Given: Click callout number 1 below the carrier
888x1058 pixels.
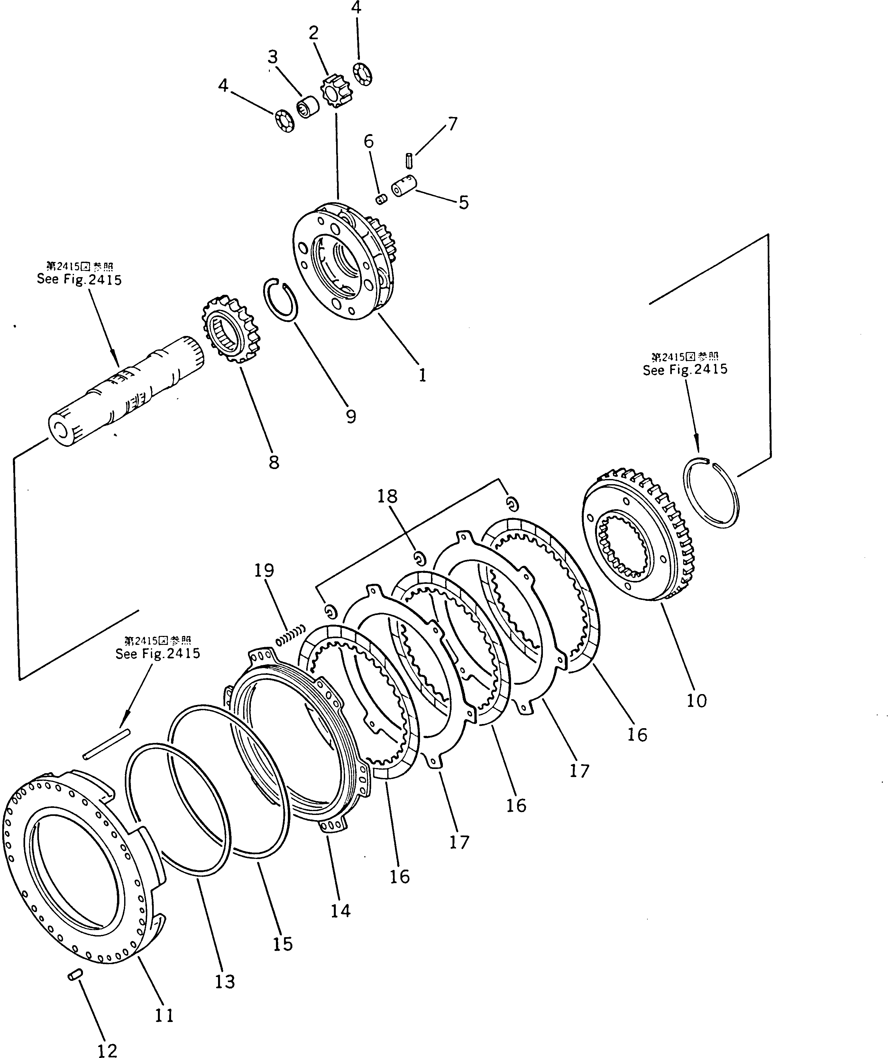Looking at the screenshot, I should [x=422, y=375].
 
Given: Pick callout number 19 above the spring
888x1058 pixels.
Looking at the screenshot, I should [x=264, y=570].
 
